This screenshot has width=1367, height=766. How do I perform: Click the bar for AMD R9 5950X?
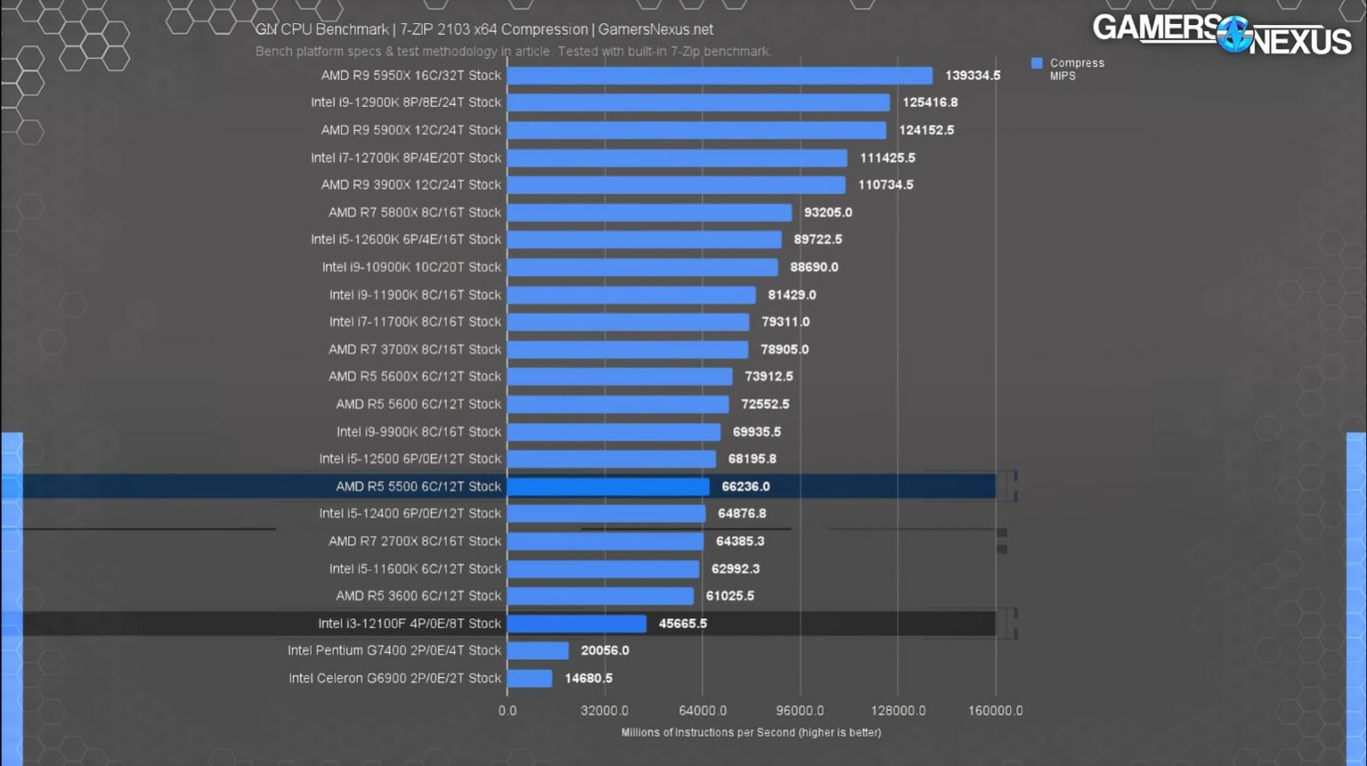[719, 76]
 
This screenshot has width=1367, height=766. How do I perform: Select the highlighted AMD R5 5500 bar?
[608, 487]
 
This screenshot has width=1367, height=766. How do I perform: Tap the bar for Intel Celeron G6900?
[530, 678]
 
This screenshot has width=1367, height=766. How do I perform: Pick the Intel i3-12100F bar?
[577, 624]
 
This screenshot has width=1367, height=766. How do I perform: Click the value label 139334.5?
[972, 76]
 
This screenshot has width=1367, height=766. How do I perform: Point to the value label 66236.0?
[745, 487]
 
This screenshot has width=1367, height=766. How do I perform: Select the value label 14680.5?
[588, 678]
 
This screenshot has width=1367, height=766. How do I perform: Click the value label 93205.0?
[828, 213]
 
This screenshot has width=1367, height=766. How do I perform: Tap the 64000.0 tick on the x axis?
[702, 711]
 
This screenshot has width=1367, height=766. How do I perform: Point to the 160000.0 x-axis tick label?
[995, 711]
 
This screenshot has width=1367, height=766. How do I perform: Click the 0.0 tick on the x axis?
[507, 711]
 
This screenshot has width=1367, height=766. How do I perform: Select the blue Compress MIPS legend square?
[1037, 63]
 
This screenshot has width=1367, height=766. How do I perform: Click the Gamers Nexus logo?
[1222, 35]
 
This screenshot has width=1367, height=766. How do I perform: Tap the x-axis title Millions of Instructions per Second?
[750, 732]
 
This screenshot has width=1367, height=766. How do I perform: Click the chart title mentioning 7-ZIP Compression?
[484, 29]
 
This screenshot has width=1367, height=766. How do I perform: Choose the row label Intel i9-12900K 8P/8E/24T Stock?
[406, 102]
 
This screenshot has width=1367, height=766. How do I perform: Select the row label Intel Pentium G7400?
[394, 650]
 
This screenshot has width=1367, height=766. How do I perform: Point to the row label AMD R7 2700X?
[415, 541]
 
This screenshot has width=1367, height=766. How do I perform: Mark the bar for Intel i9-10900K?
[642, 267]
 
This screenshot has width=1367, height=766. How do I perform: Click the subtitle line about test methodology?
[513, 52]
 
